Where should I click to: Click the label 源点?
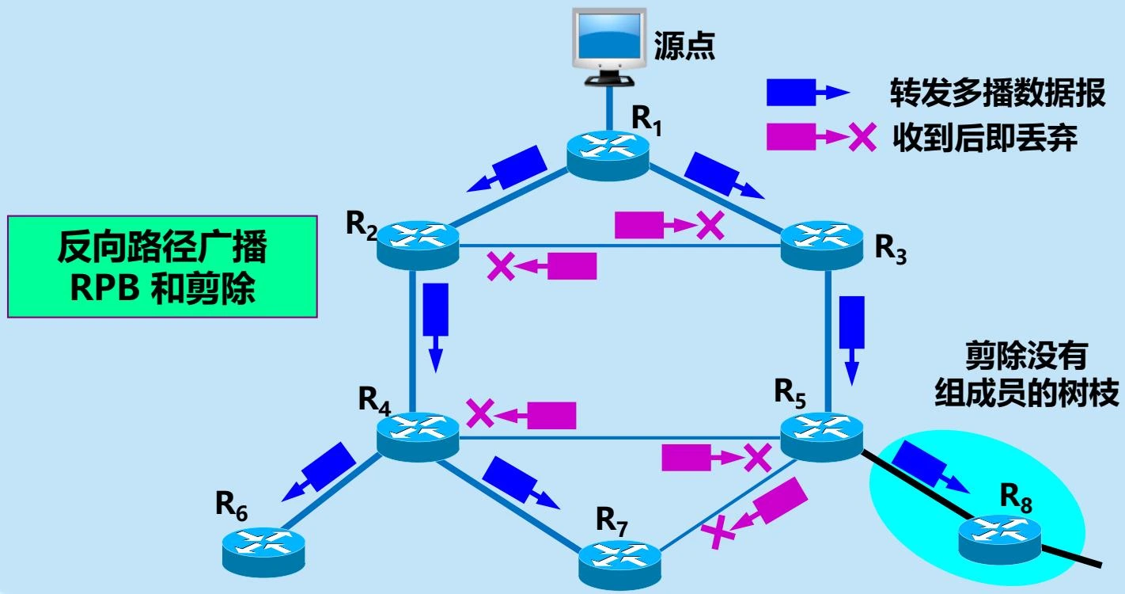tap(685, 47)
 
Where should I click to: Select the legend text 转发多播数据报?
tap(997, 93)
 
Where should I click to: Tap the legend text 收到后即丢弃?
tap(985, 139)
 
